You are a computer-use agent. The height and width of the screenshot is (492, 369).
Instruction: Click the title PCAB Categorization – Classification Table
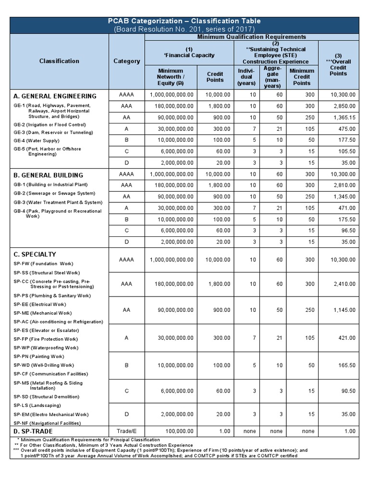coord(184,21)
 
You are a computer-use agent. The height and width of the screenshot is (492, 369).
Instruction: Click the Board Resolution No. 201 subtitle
coord(184,29)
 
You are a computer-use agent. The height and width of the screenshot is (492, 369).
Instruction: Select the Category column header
coord(127,61)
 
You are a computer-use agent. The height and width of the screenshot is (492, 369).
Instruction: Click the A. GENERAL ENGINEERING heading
coord(55,96)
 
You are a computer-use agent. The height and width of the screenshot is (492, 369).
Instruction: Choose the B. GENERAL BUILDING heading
coord(48,175)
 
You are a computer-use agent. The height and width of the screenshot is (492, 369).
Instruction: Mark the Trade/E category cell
coord(127,431)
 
